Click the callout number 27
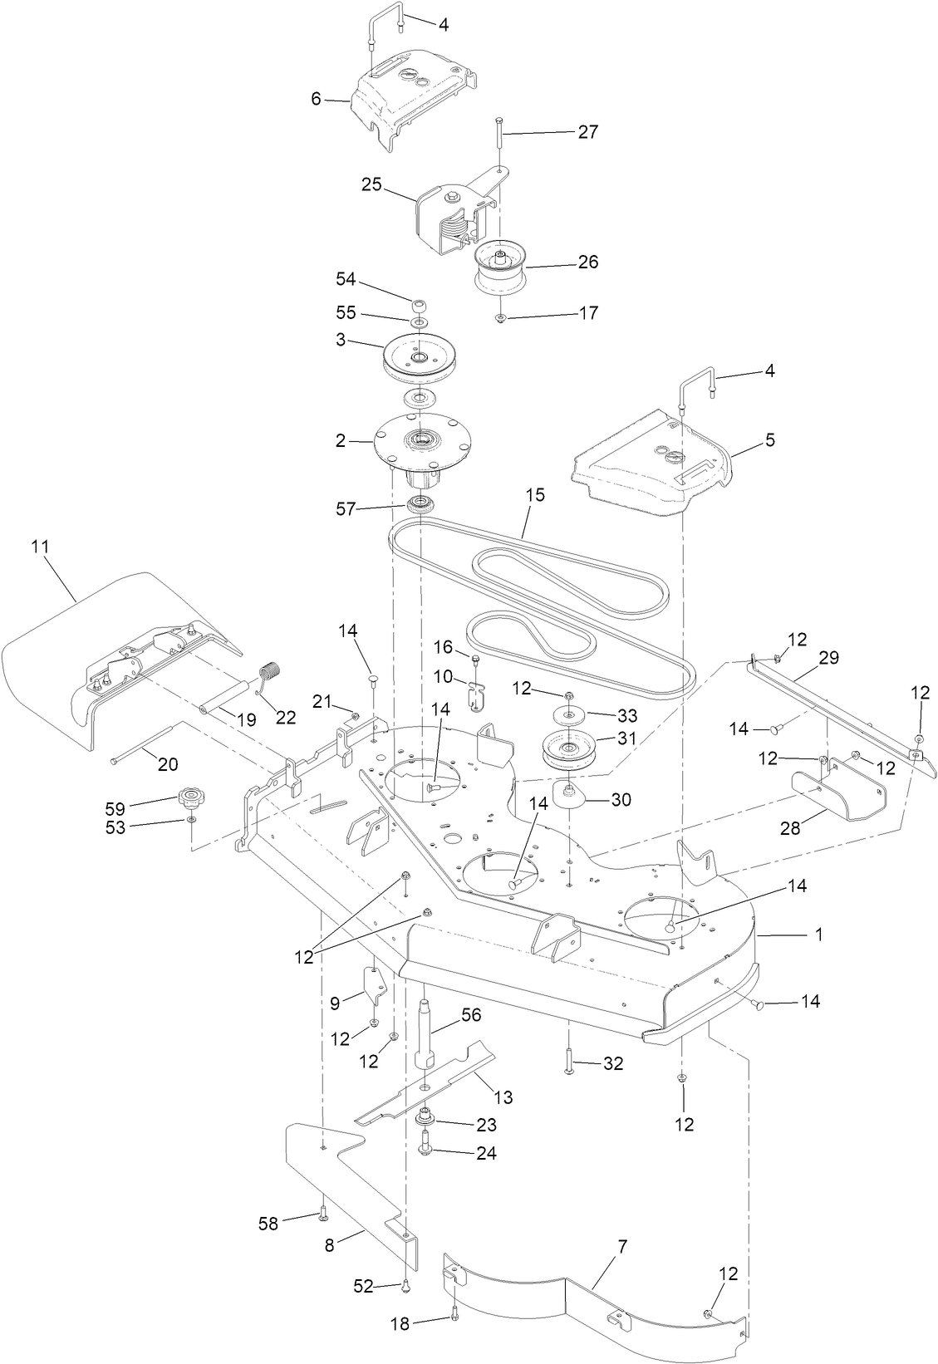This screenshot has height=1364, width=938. [x=587, y=132]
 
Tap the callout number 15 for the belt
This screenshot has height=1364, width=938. [x=535, y=496]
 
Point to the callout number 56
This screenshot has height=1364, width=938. [x=471, y=1015]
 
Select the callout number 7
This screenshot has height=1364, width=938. [x=623, y=1246]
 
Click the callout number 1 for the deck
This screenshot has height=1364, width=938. [x=818, y=935]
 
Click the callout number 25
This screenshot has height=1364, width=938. [x=371, y=184]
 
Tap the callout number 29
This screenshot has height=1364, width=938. [x=828, y=658]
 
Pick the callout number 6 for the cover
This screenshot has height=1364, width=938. [x=316, y=99]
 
